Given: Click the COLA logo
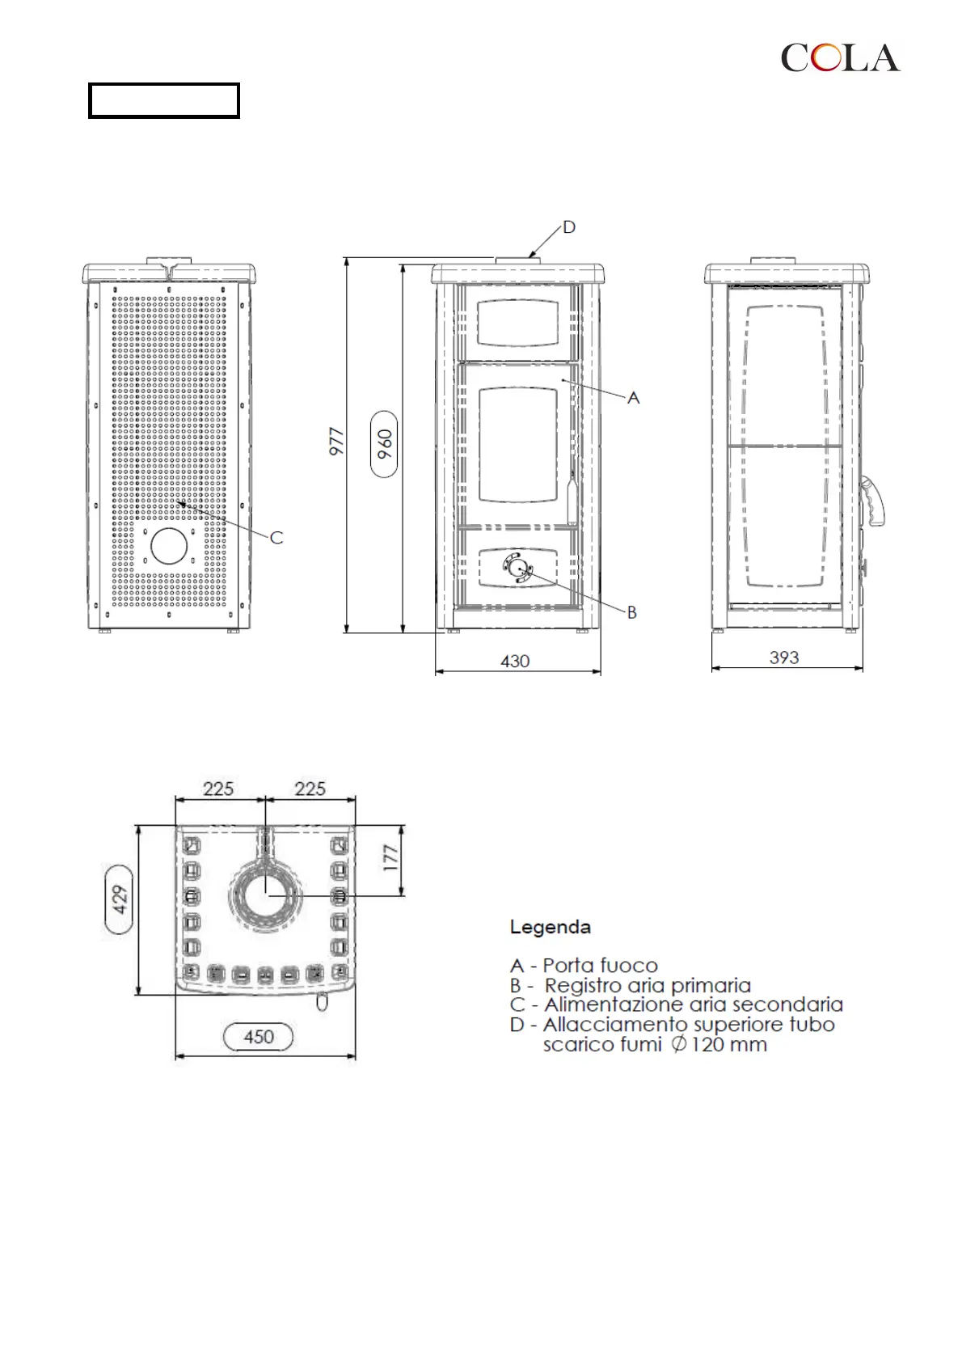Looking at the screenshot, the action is [840, 57].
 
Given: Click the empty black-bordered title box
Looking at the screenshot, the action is [164, 100].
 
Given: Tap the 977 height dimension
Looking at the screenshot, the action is [336, 442].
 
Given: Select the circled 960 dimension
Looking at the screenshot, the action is [384, 444].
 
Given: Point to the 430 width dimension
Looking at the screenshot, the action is [515, 661].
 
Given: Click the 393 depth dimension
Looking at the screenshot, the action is [784, 658].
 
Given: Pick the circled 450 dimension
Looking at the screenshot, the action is [258, 1037].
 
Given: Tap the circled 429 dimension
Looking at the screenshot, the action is [120, 899].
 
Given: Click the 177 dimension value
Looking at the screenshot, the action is [390, 858].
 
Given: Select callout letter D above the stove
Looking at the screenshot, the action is [569, 227].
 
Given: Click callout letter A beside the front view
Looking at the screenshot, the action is [633, 398].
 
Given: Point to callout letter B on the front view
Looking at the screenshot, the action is [632, 612].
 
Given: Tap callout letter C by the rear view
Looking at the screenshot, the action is [276, 538].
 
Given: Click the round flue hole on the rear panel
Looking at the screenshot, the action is [169, 546].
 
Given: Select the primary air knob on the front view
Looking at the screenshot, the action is [517, 568].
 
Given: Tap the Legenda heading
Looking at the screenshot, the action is [550, 927].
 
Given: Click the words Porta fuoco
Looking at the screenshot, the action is [601, 966].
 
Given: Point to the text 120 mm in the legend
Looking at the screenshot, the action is [728, 1045].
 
